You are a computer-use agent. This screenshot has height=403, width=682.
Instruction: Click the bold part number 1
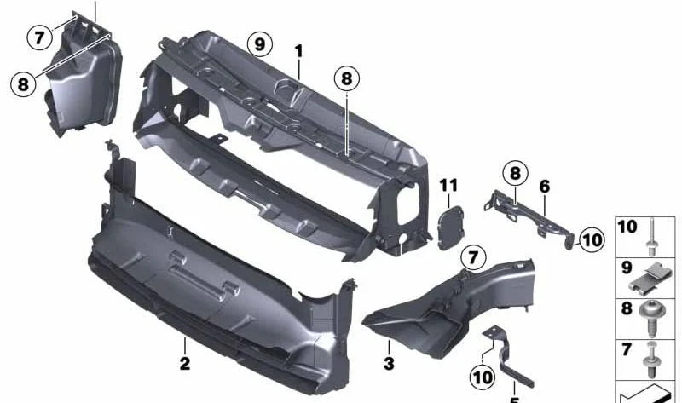pyautogui.click(x=298, y=51)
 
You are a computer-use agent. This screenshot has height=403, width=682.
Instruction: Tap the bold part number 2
pyautogui.click(x=185, y=364)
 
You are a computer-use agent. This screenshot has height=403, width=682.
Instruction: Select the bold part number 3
pyautogui.click(x=389, y=364)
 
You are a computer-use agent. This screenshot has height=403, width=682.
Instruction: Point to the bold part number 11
pyautogui.click(x=448, y=186)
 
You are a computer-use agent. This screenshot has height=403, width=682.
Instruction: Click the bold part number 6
pyautogui.click(x=545, y=187)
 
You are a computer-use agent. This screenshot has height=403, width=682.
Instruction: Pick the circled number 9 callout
pyautogui.click(x=260, y=44)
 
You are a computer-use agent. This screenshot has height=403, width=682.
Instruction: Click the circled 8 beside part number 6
pyautogui.click(x=515, y=174)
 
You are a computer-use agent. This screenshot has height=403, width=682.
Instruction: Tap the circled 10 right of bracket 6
pyautogui.click(x=592, y=240)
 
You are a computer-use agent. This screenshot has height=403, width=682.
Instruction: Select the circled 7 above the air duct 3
pyautogui.click(x=473, y=258)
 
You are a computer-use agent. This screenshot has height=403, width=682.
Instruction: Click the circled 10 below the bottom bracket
pyautogui.click(x=483, y=377)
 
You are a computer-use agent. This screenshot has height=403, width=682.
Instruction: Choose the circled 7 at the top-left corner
pyautogui.click(x=39, y=37)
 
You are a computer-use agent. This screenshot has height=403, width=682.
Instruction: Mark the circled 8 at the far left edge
pyautogui.click(x=23, y=83)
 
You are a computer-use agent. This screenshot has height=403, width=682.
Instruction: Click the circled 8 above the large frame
pyautogui.click(x=347, y=78)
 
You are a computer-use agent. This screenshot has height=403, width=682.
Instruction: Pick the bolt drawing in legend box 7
pyautogui.click(x=651, y=360)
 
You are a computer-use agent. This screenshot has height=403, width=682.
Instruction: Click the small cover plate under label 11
pyautogui.click(x=451, y=227)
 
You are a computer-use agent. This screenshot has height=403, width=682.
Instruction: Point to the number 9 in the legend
pyautogui.click(x=627, y=268)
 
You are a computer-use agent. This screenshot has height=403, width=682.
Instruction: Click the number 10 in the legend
pyautogui.click(x=627, y=227)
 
